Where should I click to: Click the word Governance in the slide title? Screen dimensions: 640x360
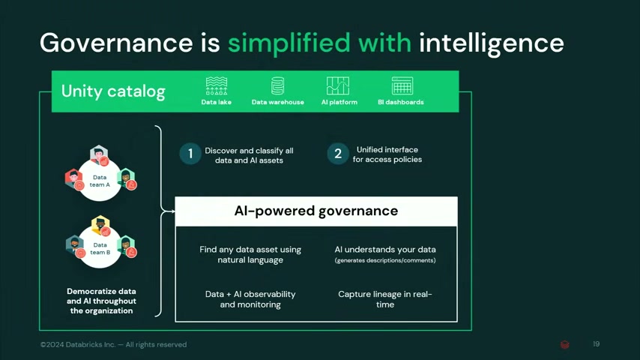(x=116, y=43)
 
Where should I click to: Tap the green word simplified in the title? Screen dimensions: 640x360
(x=289, y=43)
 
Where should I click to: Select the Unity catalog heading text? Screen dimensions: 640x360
(x=113, y=91)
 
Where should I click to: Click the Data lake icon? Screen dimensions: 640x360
(x=217, y=85)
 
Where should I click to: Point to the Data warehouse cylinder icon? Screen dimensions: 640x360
(x=277, y=85)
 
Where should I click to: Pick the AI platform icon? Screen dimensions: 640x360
(x=338, y=85)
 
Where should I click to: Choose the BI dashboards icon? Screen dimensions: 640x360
(x=402, y=85)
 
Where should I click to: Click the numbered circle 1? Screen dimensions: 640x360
(x=190, y=154)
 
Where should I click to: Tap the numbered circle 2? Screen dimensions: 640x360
(x=338, y=154)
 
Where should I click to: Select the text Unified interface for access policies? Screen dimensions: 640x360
(x=387, y=154)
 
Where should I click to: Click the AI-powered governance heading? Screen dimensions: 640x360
(x=316, y=211)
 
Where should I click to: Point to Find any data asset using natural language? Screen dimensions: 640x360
(x=250, y=254)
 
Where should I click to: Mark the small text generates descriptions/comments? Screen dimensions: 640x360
(x=385, y=260)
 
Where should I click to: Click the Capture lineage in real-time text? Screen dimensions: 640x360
(x=385, y=299)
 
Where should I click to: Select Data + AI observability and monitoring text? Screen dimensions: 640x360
(x=250, y=299)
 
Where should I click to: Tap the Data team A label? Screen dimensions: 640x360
(x=100, y=181)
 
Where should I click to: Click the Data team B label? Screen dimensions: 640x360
(x=100, y=248)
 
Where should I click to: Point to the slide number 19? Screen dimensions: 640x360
(x=597, y=344)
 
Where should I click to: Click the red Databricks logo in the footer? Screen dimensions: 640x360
(x=565, y=344)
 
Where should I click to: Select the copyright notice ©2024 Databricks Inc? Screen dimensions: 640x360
(x=113, y=344)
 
